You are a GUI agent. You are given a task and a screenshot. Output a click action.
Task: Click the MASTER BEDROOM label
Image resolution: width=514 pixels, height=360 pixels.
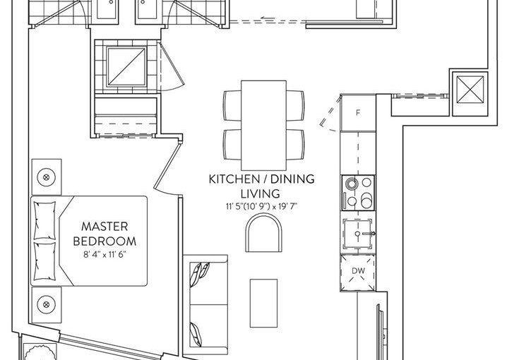tap(104, 234)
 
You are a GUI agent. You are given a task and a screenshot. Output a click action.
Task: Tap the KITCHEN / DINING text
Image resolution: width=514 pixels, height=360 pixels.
tap(261, 179)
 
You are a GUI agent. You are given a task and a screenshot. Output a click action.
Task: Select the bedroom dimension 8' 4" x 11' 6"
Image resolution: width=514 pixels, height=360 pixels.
tap(104, 255)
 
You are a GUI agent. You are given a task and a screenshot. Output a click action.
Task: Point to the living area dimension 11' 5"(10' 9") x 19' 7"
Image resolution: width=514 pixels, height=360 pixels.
tap(261, 207)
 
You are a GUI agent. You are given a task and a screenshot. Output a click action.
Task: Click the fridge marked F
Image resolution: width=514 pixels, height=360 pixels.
tap(358, 113)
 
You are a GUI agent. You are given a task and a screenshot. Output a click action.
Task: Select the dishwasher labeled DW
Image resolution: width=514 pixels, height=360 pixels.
tap(358, 272)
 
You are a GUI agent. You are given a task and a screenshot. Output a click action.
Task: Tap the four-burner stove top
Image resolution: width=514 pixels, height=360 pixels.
tap(358, 193)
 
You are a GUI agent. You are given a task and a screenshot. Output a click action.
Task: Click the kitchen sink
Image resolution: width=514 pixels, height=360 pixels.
tap(358, 234)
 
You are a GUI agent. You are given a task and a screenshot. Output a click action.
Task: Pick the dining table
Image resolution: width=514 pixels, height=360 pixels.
tap(263, 125)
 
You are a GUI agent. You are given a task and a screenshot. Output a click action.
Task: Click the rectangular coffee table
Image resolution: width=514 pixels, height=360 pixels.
tap(263, 304)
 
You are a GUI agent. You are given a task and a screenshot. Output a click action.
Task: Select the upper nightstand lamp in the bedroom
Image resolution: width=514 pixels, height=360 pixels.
tap(46, 177)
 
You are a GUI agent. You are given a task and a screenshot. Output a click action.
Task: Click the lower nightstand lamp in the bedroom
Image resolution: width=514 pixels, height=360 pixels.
tap(46, 305)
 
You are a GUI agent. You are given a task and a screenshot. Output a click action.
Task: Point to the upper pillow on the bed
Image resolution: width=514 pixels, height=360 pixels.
tap(45, 220)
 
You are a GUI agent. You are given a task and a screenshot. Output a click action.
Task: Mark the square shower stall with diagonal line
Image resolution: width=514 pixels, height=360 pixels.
tap(126, 66)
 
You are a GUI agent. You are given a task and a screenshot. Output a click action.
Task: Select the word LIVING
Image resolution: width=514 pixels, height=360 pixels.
tap(261, 194)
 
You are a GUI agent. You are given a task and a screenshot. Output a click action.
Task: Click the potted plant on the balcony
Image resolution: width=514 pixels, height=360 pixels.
tap(40, 353)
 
